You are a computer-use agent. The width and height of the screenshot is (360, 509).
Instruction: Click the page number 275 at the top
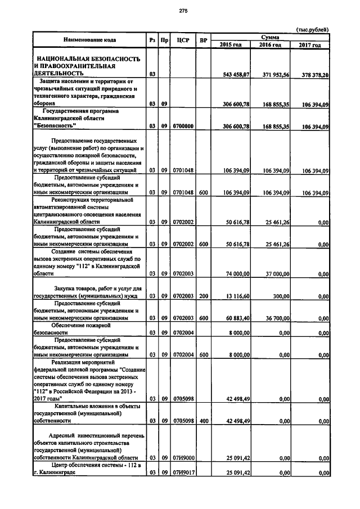(x=182, y=11)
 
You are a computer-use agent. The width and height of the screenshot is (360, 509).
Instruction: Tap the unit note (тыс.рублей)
(x=312, y=30)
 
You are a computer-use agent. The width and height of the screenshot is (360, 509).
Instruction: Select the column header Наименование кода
(x=89, y=40)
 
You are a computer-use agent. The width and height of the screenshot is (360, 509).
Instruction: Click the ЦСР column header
(x=182, y=40)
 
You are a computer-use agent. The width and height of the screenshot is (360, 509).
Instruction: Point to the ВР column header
(x=203, y=40)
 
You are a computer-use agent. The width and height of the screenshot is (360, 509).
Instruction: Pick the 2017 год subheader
(x=310, y=44)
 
